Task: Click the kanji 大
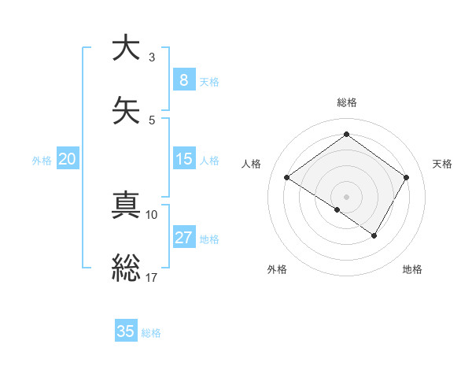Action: point(126,48)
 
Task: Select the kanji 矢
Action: point(126,110)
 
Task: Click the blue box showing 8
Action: point(183,80)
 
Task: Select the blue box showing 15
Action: point(183,159)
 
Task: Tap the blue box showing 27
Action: point(183,238)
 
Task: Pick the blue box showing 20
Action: point(67,159)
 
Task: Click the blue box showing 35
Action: point(126,331)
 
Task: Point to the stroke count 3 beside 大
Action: point(152,57)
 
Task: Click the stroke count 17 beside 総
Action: point(152,277)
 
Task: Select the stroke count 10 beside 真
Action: point(152,214)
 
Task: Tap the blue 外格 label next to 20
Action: point(42,160)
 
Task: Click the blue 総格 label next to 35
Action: point(151,332)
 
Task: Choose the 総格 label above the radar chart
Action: point(346,102)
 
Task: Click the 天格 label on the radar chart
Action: point(442,164)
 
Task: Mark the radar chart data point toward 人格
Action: point(287,178)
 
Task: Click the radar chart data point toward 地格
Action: point(374,235)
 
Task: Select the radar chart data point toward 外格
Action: point(337,209)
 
